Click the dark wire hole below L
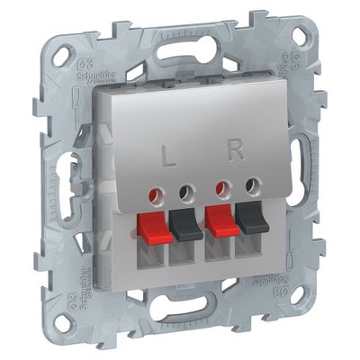(189, 191)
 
